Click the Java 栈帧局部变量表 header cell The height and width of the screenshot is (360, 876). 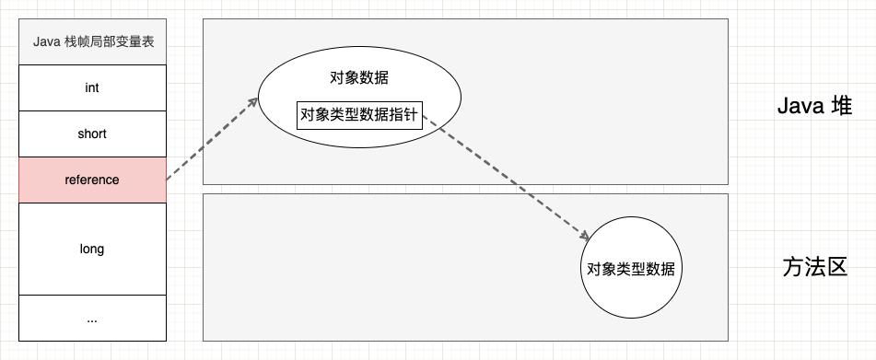tap(92, 41)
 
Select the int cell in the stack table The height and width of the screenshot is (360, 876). tap(92, 87)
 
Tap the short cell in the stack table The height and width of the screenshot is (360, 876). tap(92, 134)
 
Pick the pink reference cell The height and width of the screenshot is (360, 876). tap(92, 180)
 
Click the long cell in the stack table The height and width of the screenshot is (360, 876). tap(92, 249)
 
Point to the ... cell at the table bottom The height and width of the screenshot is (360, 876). tap(92, 319)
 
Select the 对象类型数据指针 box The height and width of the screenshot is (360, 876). tap(359, 115)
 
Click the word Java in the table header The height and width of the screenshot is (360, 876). tap(46, 41)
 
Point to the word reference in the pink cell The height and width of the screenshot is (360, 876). tap(92, 180)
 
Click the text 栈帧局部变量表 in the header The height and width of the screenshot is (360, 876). tap(109, 41)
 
